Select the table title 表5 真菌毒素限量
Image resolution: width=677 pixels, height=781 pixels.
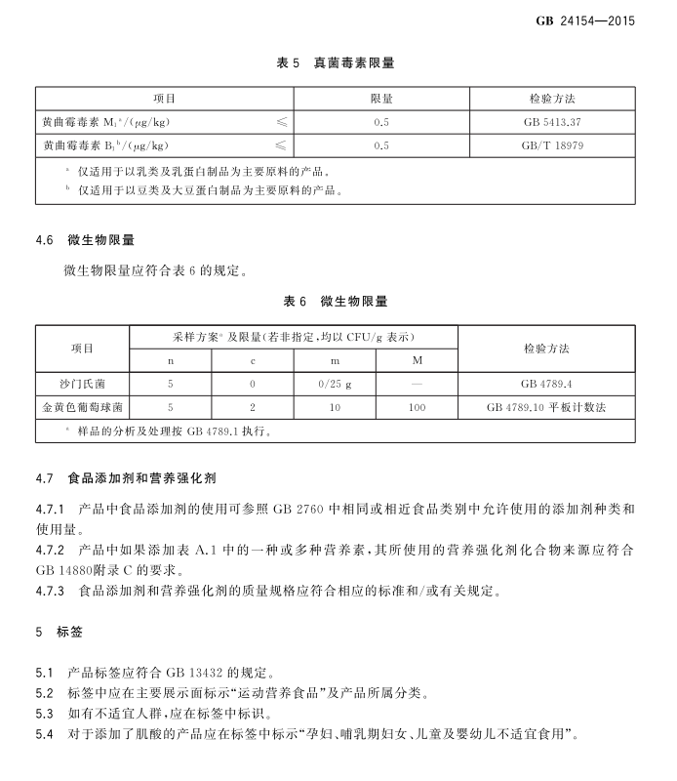click(x=336, y=63)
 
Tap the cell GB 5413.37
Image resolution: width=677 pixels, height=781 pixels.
click(x=551, y=122)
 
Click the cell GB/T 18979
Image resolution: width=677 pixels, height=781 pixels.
click(x=552, y=145)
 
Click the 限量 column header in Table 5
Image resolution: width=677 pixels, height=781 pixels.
click(x=381, y=100)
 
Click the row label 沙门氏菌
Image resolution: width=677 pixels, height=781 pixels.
click(x=83, y=384)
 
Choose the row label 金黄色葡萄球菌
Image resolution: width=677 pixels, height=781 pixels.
click(x=83, y=406)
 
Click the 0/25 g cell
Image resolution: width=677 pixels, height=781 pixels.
click(x=335, y=384)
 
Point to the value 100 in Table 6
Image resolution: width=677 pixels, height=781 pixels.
click(x=417, y=406)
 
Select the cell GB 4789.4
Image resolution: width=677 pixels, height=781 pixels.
click(x=546, y=384)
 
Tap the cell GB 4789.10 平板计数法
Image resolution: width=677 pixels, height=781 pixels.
click(x=546, y=406)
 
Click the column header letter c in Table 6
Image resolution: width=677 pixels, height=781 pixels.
click(x=253, y=360)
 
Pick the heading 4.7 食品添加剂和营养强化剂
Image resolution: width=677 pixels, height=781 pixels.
click(x=126, y=479)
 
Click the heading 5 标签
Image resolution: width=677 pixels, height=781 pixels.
click(x=60, y=633)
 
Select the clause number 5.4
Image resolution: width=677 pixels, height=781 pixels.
click(x=45, y=732)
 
